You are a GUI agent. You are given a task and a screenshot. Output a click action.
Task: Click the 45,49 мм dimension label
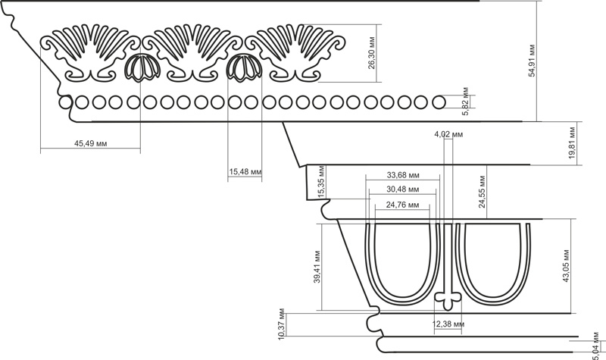tap(90, 143)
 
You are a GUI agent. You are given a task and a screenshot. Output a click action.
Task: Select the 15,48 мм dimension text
tap(245, 171)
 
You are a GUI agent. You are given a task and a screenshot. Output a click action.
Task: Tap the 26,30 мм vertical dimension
tap(371, 53)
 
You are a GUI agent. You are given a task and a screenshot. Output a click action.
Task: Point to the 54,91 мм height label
tap(532, 61)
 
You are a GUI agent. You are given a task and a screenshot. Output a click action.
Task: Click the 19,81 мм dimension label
tap(573, 143)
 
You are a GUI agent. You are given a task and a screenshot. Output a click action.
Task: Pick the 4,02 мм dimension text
tap(448, 134)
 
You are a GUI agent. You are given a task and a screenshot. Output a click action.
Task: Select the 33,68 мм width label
tap(403, 175)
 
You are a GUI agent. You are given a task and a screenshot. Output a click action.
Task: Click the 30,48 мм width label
tap(403, 189)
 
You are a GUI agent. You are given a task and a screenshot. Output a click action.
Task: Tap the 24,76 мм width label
tap(402, 205)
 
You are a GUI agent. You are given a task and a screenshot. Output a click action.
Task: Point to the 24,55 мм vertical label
tap(482, 192)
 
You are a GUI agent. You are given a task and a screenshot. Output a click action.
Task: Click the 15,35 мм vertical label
tap(321, 182)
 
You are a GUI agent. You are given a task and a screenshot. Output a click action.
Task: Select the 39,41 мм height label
tap(317, 267)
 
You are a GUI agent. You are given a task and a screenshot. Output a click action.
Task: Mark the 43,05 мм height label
tap(566, 266)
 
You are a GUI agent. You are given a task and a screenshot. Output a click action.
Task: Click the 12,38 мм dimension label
tap(448, 324)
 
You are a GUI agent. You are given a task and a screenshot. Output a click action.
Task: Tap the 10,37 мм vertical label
tap(281, 324)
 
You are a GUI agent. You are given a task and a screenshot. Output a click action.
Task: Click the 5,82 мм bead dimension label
tap(465, 102)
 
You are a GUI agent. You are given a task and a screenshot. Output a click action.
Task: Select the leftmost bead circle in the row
tap(66, 102)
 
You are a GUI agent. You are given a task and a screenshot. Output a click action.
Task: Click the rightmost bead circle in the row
tap(439, 102)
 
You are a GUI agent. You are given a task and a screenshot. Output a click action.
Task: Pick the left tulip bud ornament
tap(142, 67)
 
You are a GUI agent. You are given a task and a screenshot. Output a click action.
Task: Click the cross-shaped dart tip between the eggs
tap(448, 299)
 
